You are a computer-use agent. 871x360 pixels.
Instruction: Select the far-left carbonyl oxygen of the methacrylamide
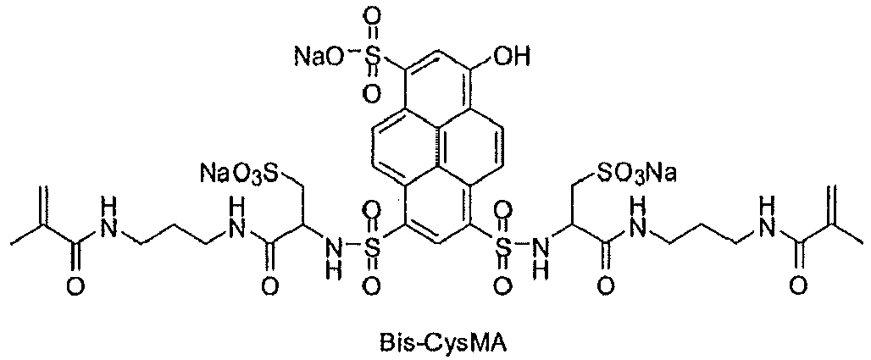click(76, 286)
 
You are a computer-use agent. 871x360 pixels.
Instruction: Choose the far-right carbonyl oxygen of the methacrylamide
click(797, 286)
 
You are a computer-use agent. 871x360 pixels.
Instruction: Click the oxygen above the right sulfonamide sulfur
click(501, 213)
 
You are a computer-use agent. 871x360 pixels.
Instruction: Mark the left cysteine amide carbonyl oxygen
click(269, 286)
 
